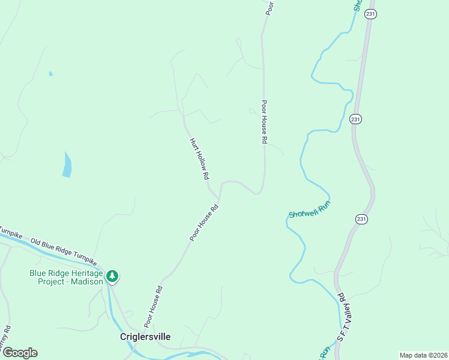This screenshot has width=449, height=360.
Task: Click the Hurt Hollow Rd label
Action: point(199,159)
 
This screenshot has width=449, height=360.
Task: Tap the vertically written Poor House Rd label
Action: point(264,122)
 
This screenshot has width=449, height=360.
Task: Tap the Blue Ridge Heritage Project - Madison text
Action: point(66,277)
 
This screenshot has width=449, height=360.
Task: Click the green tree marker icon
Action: point(112,277)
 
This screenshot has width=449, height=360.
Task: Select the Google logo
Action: point(19,353)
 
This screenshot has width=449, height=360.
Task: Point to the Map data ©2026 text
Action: point(423,355)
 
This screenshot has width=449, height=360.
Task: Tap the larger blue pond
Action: point(67,165)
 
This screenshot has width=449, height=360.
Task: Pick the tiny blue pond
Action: point(50,74)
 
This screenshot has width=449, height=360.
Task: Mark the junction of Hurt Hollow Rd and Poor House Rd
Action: point(219,198)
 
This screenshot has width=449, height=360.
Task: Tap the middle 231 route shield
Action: point(355,119)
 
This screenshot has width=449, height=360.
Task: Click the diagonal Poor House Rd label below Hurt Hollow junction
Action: point(203,223)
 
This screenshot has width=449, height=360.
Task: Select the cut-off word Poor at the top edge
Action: point(270,6)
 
